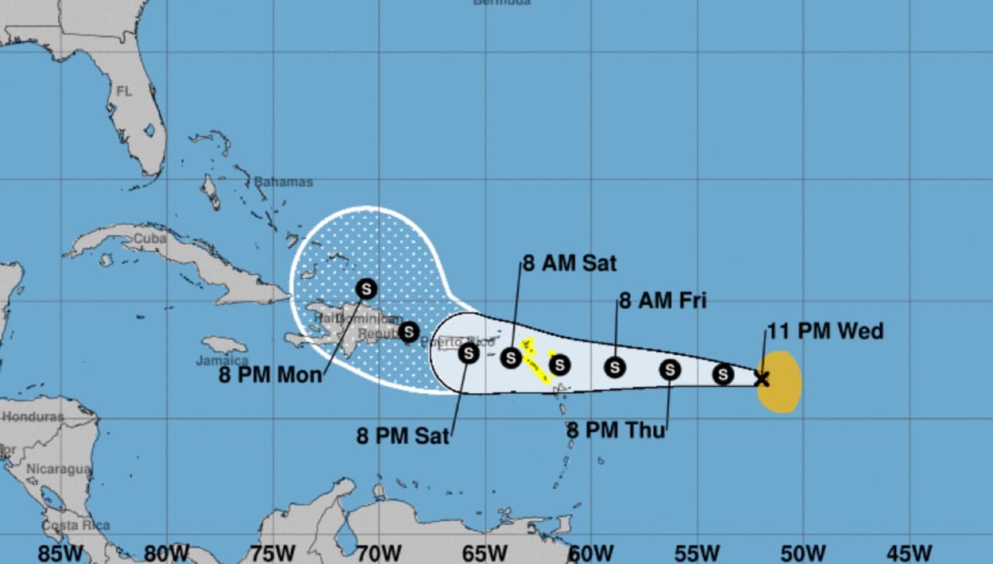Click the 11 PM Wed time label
[x=825, y=331]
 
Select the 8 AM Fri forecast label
[x=663, y=300]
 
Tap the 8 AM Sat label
[x=569, y=263]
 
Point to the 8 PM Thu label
[x=616, y=431]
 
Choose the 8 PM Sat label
[x=402, y=435]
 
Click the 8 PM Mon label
[x=270, y=374]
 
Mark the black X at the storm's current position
[x=761, y=379]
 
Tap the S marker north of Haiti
[x=366, y=288]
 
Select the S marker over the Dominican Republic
[x=408, y=331]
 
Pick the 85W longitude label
[x=60, y=553]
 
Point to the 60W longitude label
[x=590, y=553]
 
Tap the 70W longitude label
[x=378, y=553]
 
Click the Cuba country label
[x=149, y=238]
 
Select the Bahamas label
[x=284, y=182]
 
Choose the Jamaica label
[x=222, y=361]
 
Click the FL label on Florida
[x=124, y=91]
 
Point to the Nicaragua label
[x=58, y=469]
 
